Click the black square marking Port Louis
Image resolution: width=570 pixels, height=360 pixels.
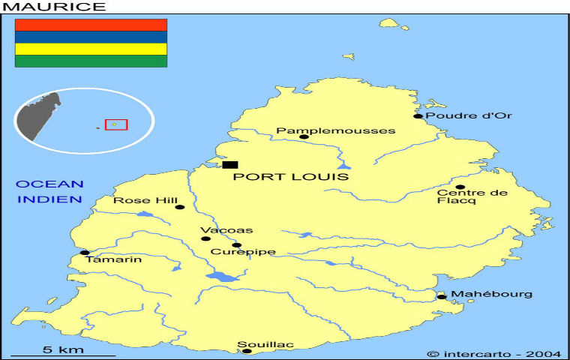(x=230, y=164)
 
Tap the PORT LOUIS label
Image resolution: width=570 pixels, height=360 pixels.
(x=291, y=177)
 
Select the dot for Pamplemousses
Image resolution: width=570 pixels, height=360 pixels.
(x=304, y=136)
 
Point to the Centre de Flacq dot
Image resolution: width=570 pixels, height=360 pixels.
(x=460, y=187)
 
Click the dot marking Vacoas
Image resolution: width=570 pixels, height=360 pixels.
(x=205, y=239)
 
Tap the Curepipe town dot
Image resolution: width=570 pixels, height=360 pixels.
(x=236, y=244)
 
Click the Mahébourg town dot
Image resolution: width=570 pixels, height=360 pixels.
(x=441, y=297)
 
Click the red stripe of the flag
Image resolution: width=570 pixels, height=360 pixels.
(x=91, y=25)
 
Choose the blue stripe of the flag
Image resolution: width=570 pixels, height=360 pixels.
(x=91, y=37)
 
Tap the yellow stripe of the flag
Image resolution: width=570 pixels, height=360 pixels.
(x=91, y=49)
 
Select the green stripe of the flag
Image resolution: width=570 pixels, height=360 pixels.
(x=91, y=61)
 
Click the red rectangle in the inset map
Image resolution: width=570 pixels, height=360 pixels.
(x=115, y=124)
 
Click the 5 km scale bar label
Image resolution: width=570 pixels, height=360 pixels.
(x=63, y=349)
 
